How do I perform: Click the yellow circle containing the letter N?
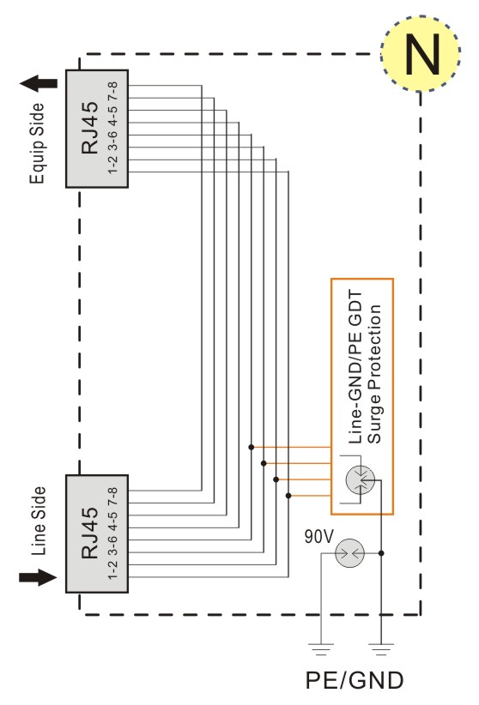pyautogui.click(x=421, y=53)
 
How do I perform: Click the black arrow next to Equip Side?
pyautogui.click(x=39, y=83)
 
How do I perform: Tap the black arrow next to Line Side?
pyautogui.click(x=38, y=577)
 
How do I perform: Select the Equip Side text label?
pyautogui.click(x=38, y=143)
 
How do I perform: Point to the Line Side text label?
pyautogui.click(x=39, y=521)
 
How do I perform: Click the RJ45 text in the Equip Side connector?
pyautogui.click(x=90, y=128)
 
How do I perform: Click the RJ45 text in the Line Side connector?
pyautogui.click(x=90, y=533)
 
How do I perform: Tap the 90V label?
pyautogui.click(x=319, y=536)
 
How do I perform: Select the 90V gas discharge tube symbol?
pyautogui.click(x=349, y=553)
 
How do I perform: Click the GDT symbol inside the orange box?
pyautogui.click(x=361, y=479)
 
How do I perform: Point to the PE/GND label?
pyautogui.click(x=355, y=680)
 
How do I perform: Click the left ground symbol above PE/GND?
pyautogui.click(x=320, y=648)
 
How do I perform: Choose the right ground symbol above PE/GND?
pyautogui.click(x=381, y=648)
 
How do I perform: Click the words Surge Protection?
pyautogui.click(x=374, y=374)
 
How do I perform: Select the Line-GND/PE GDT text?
pyautogui.click(x=355, y=367)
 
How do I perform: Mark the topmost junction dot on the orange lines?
pyautogui.click(x=252, y=447)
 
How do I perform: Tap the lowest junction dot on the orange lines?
pyautogui.click(x=288, y=496)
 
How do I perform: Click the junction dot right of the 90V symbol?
pyautogui.click(x=381, y=553)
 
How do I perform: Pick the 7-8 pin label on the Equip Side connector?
pyautogui.click(x=112, y=91)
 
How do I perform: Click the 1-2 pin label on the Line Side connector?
pyautogui.click(x=112, y=569)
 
